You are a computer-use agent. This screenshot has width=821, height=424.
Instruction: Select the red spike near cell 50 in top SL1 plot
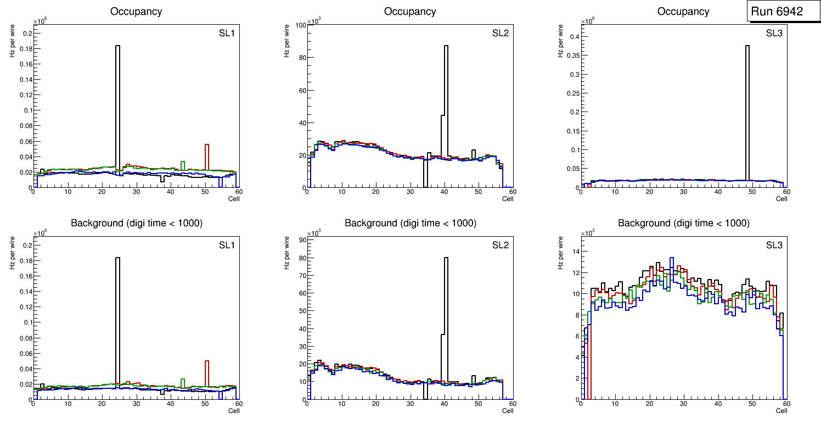pyautogui.click(x=207, y=157)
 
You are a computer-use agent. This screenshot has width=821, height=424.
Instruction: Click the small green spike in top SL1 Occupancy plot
pyautogui.click(x=183, y=165)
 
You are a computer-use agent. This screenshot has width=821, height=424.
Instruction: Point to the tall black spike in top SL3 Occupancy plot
pyautogui.click(x=747, y=110)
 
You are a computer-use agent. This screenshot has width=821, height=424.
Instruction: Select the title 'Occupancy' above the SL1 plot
pyautogui.click(x=136, y=12)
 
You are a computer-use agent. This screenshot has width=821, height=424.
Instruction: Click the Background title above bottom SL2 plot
pyautogui.click(x=410, y=223)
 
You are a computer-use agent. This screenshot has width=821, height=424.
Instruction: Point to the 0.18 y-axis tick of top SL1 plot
pyautogui.click(x=26, y=48)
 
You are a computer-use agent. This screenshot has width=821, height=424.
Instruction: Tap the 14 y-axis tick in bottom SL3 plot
pyautogui.click(x=572, y=251)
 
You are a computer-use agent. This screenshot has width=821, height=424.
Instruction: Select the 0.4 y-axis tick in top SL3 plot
pyautogui.click(x=572, y=37)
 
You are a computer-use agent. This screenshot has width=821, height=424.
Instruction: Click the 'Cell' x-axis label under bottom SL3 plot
pyautogui.click(x=781, y=411)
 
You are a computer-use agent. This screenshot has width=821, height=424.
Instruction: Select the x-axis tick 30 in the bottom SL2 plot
pyautogui.click(x=410, y=404)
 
